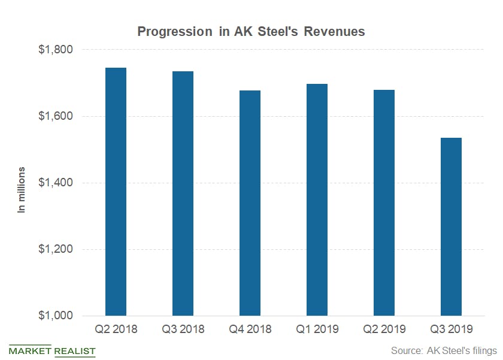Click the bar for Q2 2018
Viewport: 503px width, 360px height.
pyautogui.click(x=116, y=192)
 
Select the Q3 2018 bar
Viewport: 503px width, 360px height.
pyautogui.click(x=183, y=193)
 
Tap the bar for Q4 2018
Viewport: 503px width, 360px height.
pyautogui.click(x=250, y=203)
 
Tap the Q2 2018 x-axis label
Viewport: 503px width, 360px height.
pyautogui.click(x=116, y=329)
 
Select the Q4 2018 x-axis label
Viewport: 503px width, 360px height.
pyautogui.click(x=250, y=329)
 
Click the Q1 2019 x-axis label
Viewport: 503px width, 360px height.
pyautogui.click(x=317, y=329)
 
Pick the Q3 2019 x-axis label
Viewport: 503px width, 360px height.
pyautogui.click(x=451, y=329)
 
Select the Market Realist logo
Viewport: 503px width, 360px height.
pyautogui.click(x=53, y=351)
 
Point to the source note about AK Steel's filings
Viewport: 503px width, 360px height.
pyautogui.click(x=444, y=350)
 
